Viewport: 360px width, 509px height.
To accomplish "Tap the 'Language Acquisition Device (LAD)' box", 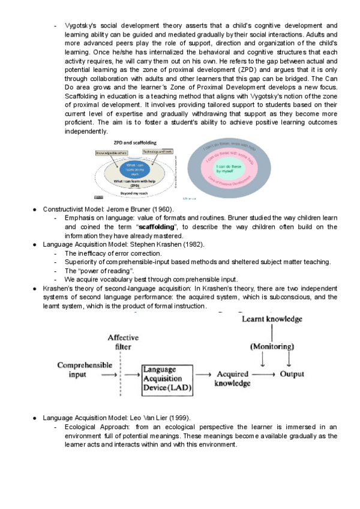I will (x=166, y=379).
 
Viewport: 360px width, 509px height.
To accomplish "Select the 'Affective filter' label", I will (x=123, y=342).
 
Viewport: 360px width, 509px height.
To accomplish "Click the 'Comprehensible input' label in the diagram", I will (x=76, y=369).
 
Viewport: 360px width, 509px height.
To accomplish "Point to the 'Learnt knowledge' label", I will (x=272, y=319).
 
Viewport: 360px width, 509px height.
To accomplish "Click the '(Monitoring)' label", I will (x=273, y=346).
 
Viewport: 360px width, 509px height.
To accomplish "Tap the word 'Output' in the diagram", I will (x=292, y=374).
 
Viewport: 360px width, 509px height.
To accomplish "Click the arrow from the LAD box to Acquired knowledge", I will (x=203, y=374).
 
